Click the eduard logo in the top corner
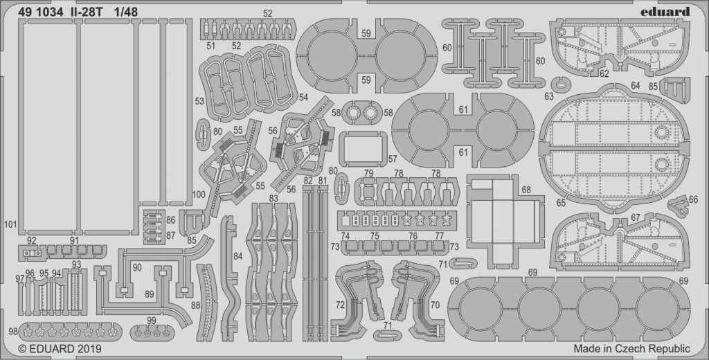pos(664,11)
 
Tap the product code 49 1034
pos(40,12)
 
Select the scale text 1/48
pos(125,12)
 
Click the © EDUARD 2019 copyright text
pos(60,349)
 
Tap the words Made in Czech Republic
pos(631,349)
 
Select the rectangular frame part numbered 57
pos(362,149)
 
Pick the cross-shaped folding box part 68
pos(503,222)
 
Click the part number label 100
pos(199,195)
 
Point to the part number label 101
pos(10,224)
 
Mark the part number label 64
pos(636,85)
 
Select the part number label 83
pos(273,198)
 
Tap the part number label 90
pos(137,268)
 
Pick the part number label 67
pos(636,217)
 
